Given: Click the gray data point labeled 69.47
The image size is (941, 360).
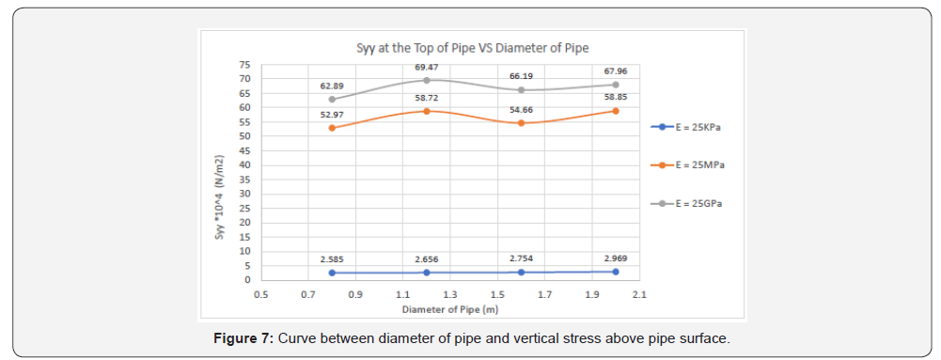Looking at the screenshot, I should pos(427,80).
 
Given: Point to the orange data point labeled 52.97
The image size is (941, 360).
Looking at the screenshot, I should pos(332,128).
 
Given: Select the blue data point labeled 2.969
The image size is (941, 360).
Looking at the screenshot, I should pos(616,272).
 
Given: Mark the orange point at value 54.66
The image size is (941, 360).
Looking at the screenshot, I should pos(521,123).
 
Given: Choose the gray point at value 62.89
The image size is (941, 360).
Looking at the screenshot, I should pos(332,99).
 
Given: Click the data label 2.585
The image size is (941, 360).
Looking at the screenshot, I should pos(332,258).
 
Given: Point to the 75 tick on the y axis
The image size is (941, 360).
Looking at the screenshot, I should pos(244,64).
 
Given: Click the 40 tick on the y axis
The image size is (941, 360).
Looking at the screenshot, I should pos(244,164).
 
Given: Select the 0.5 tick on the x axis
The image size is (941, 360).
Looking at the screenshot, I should pos(261,295).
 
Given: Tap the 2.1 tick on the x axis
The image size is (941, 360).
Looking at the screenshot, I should pos(639,295).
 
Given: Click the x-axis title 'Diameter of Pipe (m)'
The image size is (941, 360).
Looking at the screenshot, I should pos(450,309).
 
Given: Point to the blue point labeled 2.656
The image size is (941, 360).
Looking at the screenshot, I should pos(427,273).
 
